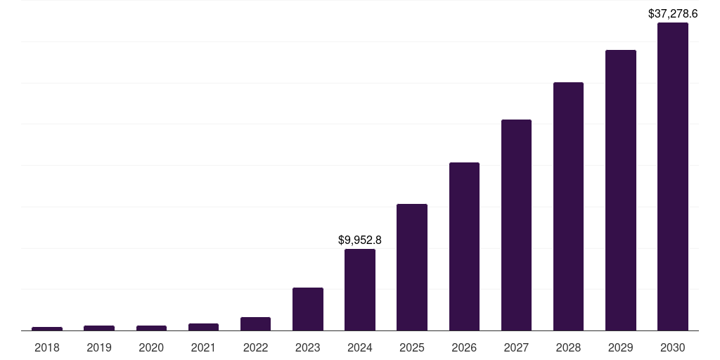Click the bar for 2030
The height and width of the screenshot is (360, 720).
click(672, 176)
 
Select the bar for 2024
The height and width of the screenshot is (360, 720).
click(359, 290)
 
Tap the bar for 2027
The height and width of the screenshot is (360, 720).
click(516, 225)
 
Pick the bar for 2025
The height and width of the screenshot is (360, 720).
click(412, 267)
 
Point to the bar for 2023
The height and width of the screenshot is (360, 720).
click(307, 309)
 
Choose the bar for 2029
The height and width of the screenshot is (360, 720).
click(620, 190)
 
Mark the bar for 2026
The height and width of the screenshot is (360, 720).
click(464, 246)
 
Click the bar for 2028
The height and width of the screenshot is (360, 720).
click(568, 206)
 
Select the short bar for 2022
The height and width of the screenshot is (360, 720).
click(255, 323)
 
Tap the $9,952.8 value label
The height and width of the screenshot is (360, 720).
click(359, 240)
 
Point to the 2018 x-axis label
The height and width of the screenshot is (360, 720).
click(47, 347)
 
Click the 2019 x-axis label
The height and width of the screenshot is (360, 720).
click(99, 347)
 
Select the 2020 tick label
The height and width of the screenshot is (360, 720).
click(151, 347)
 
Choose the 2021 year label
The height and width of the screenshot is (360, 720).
click(203, 347)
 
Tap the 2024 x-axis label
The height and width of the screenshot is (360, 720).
click(359, 347)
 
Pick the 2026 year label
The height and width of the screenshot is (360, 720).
click(464, 347)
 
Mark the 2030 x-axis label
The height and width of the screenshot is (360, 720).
click(672, 347)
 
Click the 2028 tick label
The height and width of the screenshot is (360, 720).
click(568, 347)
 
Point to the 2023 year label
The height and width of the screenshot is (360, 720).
click(307, 347)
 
